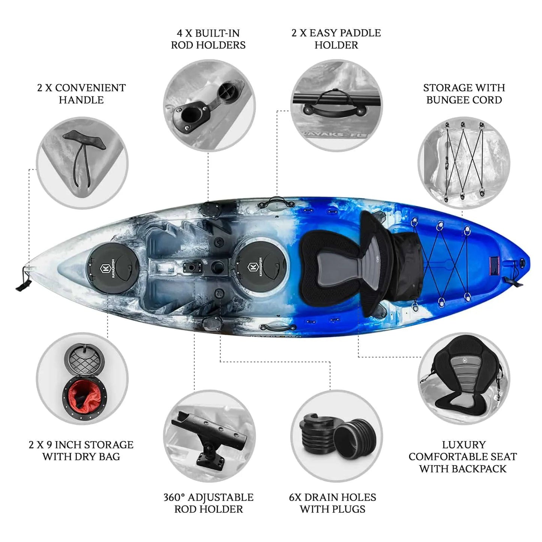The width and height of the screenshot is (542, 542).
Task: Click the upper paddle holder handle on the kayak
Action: click(276, 202)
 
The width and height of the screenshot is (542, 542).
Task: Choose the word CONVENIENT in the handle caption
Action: click(90, 88)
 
